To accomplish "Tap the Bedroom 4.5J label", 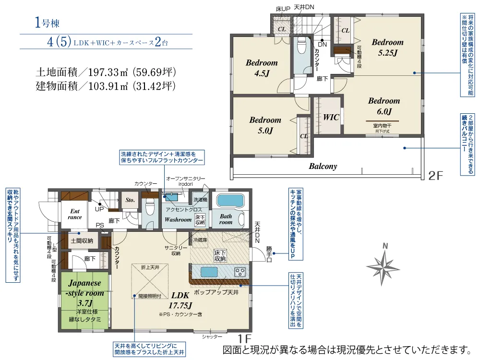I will pos(262,68).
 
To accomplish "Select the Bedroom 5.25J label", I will pos(387,47).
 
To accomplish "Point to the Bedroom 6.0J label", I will pos(384,106).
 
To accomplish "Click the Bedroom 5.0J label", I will pos(265,125).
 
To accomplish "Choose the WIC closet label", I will pos(331,117).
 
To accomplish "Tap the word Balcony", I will pos(322,167).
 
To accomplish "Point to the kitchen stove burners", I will pos(240,272).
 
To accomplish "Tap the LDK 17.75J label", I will pos(180,300).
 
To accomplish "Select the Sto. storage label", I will pos(130,200).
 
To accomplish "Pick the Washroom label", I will pos(178,219).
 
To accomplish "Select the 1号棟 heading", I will pos(47,23).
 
